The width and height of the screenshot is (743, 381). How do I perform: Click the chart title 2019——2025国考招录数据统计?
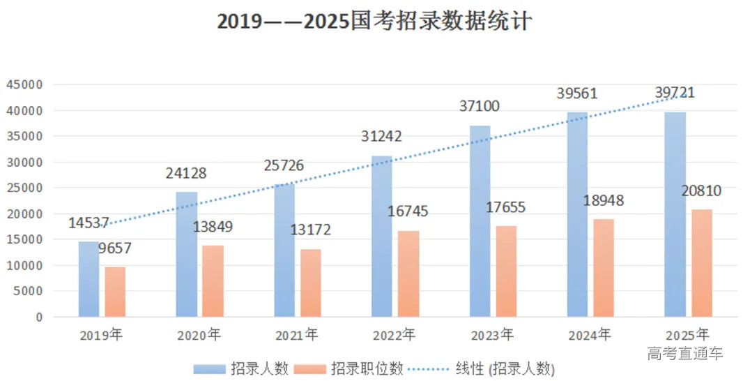click(374, 22)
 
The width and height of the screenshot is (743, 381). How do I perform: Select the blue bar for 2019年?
click(89, 279)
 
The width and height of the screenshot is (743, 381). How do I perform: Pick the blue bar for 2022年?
click(381, 237)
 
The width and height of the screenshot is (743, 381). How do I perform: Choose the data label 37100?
click(480, 106)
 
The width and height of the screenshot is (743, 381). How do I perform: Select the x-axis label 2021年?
click(297, 335)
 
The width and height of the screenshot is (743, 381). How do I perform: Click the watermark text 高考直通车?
click(685, 354)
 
